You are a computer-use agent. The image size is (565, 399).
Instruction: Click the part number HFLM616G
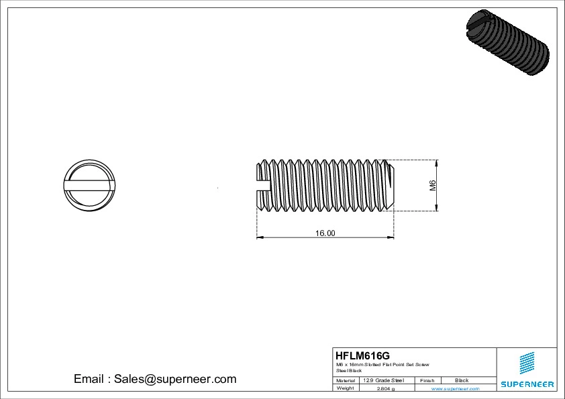[x=362, y=355]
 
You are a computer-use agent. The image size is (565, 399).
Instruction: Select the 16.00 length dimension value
[x=325, y=233]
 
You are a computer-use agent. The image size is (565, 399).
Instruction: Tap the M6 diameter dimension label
[x=433, y=186]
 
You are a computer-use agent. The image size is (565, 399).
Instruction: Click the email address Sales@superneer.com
[x=155, y=379]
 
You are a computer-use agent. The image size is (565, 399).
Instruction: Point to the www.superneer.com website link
[x=455, y=388]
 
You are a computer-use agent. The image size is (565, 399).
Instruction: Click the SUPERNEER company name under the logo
[x=527, y=384]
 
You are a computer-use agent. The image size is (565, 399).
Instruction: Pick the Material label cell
[x=346, y=380]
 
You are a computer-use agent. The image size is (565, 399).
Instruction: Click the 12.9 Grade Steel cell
[x=383, y=380]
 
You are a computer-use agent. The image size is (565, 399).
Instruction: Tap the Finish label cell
[x=427, y=380]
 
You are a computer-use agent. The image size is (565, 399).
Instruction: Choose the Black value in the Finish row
[x=462, y=380]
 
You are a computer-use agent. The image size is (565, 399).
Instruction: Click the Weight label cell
[x=346, y=388]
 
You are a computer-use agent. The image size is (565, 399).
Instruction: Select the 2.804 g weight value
[x=386, y=388]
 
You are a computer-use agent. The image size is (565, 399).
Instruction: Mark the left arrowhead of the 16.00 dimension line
[x=260, y=237]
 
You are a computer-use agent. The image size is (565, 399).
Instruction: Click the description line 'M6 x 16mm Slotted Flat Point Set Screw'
[x=382, y=364]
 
